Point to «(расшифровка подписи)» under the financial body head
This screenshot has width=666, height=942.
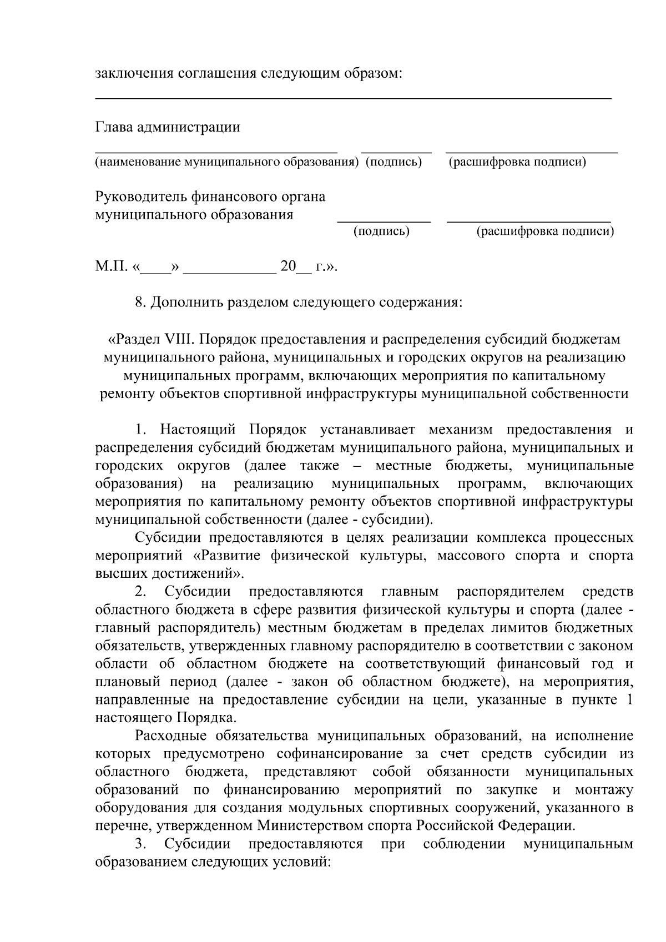(x=545, y=231)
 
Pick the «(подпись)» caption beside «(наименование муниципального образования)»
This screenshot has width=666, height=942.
(x=393, y=162)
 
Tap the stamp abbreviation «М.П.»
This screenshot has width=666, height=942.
(x=111, y=267)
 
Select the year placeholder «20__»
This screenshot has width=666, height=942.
(x=296, y=267)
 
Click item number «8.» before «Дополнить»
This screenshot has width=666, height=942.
(x=140, y=303)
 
